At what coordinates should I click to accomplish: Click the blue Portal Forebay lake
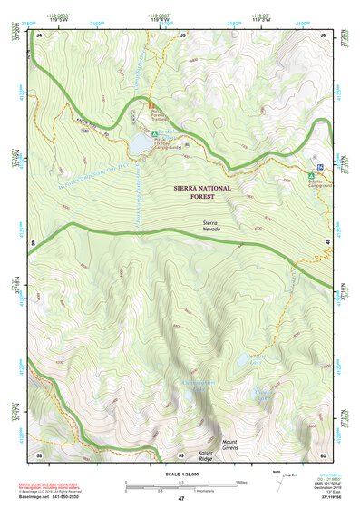(x=141, y=143)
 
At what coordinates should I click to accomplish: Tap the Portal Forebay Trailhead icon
(x=151, y=106)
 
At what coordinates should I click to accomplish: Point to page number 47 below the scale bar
(x=180, y=498)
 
